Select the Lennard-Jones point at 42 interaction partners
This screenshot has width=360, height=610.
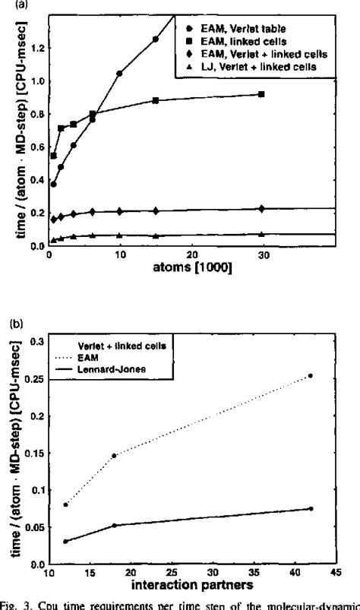point(311,508)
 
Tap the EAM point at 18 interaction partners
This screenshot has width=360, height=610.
point(114,455)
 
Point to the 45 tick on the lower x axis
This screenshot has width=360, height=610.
point(334,569)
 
